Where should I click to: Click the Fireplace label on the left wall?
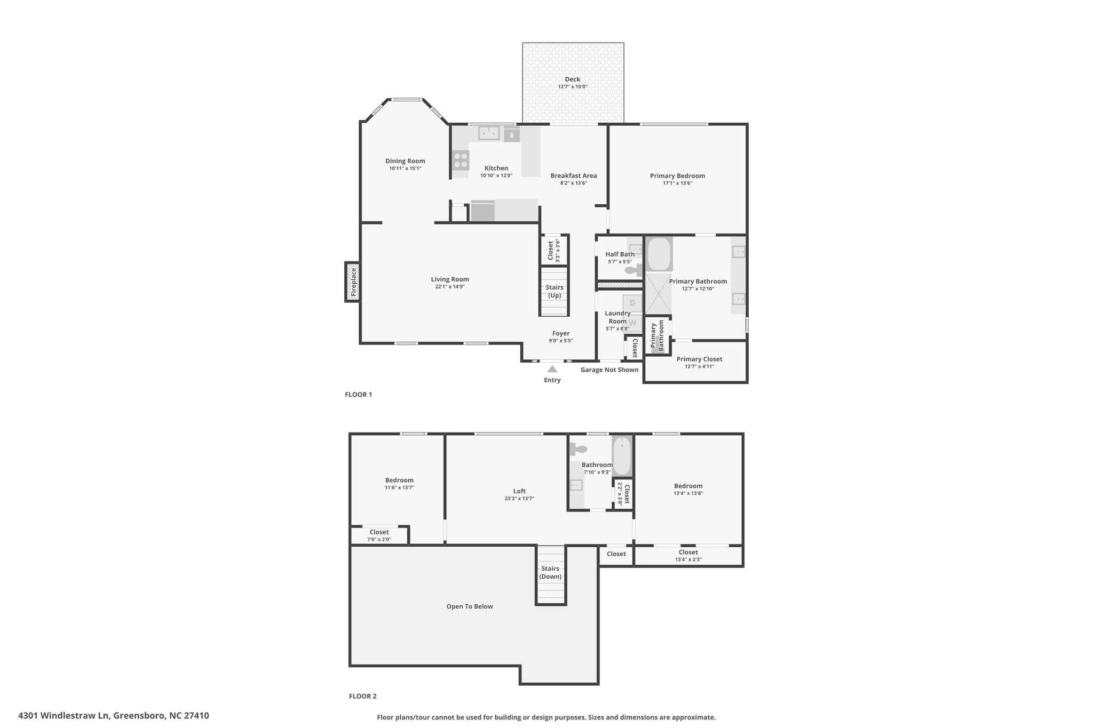coord(353,282)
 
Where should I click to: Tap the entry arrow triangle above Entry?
coord(552,369)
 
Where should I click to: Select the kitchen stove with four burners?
coord(461,160)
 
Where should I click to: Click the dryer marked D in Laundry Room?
coord(632,303)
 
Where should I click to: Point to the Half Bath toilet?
coord(633,271)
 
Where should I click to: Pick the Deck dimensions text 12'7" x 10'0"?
coord(573,87)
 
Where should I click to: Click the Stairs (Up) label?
coord(555,291)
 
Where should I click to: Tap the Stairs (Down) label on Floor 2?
coord(550,572)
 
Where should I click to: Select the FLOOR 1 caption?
coord(358,395)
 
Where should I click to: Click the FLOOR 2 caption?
coord(362,696)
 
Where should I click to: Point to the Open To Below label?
coord(470,606)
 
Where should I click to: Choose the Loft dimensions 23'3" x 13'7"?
coord(519,499)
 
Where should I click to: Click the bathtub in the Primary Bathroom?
coord(659,254)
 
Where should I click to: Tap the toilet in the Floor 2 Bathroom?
coord(578,449)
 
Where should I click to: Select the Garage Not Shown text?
coord(609,370)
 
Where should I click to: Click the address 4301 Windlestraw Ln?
coord(64,716)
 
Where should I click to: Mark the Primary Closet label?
coord(699,359)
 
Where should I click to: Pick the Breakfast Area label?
coord(574,175)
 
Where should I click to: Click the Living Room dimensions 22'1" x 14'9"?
coord(450,287)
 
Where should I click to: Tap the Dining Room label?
coord(405,161)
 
